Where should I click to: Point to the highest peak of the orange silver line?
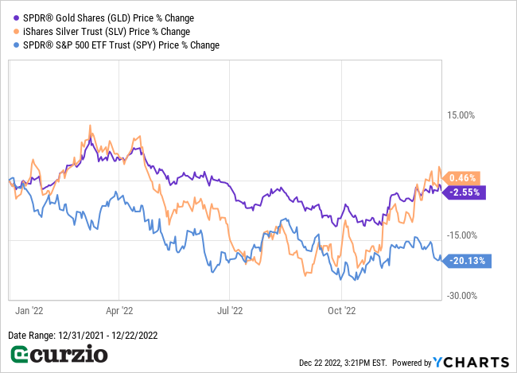point(90,126)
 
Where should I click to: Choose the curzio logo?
point(58,354)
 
